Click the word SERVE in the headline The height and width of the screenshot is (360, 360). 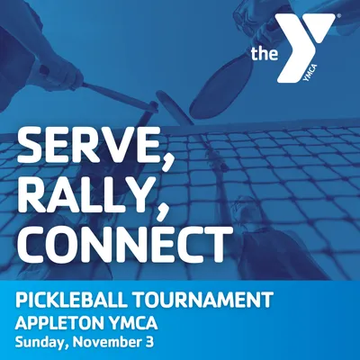pyautogui.click(x=89, y=147)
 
